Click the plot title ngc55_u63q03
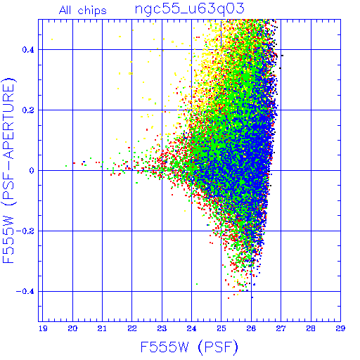point(189,9)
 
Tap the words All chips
point(83,11)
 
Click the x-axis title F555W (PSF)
point(189,347)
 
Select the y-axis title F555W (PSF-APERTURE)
point(9,171)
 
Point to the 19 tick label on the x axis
point(43,328)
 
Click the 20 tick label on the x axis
point(72,328)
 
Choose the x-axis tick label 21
point(102,328)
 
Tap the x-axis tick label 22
point(132,328)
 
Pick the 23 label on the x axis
point(162,328)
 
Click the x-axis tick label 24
point(191,328)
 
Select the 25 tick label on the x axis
point(221,328)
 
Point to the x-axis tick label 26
point(251,328)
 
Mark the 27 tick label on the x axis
point(281,328)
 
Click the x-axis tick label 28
point(311,328)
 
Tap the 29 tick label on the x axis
point(340,328)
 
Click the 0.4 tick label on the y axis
point(28,50)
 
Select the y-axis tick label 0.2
point(28,110)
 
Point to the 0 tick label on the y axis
point(32,171)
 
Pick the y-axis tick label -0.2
point(25,231)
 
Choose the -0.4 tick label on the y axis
point(25,292)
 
